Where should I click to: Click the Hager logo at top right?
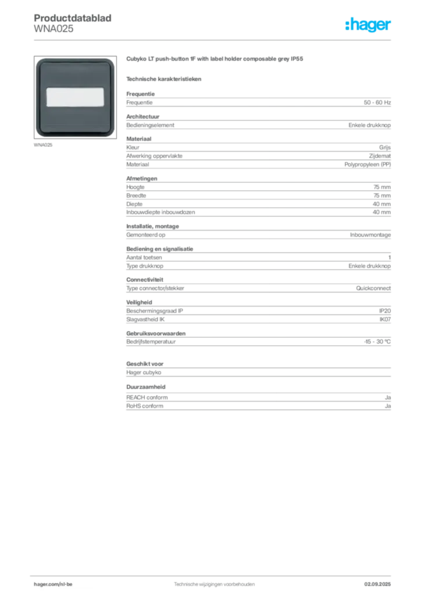(x=368, y=24)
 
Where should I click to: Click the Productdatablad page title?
(x=73, y=18)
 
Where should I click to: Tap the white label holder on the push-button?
(x=75, y=97)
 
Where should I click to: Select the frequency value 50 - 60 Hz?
(x=377, y=102)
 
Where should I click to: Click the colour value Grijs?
(x=384, y=147)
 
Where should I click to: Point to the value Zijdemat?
(x=380, y=156)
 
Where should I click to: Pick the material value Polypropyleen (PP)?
(x=368, y=165)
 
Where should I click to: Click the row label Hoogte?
(x=135, y=187)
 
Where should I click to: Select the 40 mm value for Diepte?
(x=381, y=204)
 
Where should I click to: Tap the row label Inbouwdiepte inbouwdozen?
(x=160, y=212)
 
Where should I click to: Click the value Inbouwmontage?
(x=370, y=235)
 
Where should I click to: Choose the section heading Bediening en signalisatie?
(x=159, y=249)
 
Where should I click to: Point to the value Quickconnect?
(x=373, y=288)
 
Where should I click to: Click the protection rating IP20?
(x=384, y=311)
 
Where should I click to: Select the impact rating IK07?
(x=385, y=320)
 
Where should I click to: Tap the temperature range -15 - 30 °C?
(x=377, y=342)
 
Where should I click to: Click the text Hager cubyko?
(x=144, y=372)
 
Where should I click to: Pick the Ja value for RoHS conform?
(x=388, y=406)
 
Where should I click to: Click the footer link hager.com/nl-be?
(x=53, y=584)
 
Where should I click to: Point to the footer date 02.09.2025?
(x=377, y=584)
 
